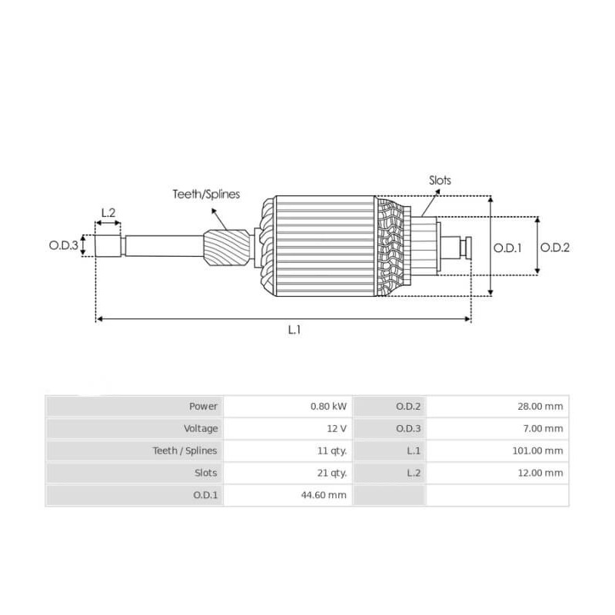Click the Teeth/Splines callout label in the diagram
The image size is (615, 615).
[x=205, y=194]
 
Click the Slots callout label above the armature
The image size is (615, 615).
[x=440, y=181]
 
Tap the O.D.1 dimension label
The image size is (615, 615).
[x=507, y=248]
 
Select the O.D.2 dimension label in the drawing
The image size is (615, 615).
[x=555, y=248]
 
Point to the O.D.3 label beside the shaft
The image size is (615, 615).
[x=64, y=246]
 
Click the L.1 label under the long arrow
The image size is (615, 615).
[x=294, y=329]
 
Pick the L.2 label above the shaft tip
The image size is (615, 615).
[x=108, y=212]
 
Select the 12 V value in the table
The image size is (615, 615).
[x=335, y=428]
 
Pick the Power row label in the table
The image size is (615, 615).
[x=204, y=406]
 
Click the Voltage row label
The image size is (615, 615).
[x=201, y=428]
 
